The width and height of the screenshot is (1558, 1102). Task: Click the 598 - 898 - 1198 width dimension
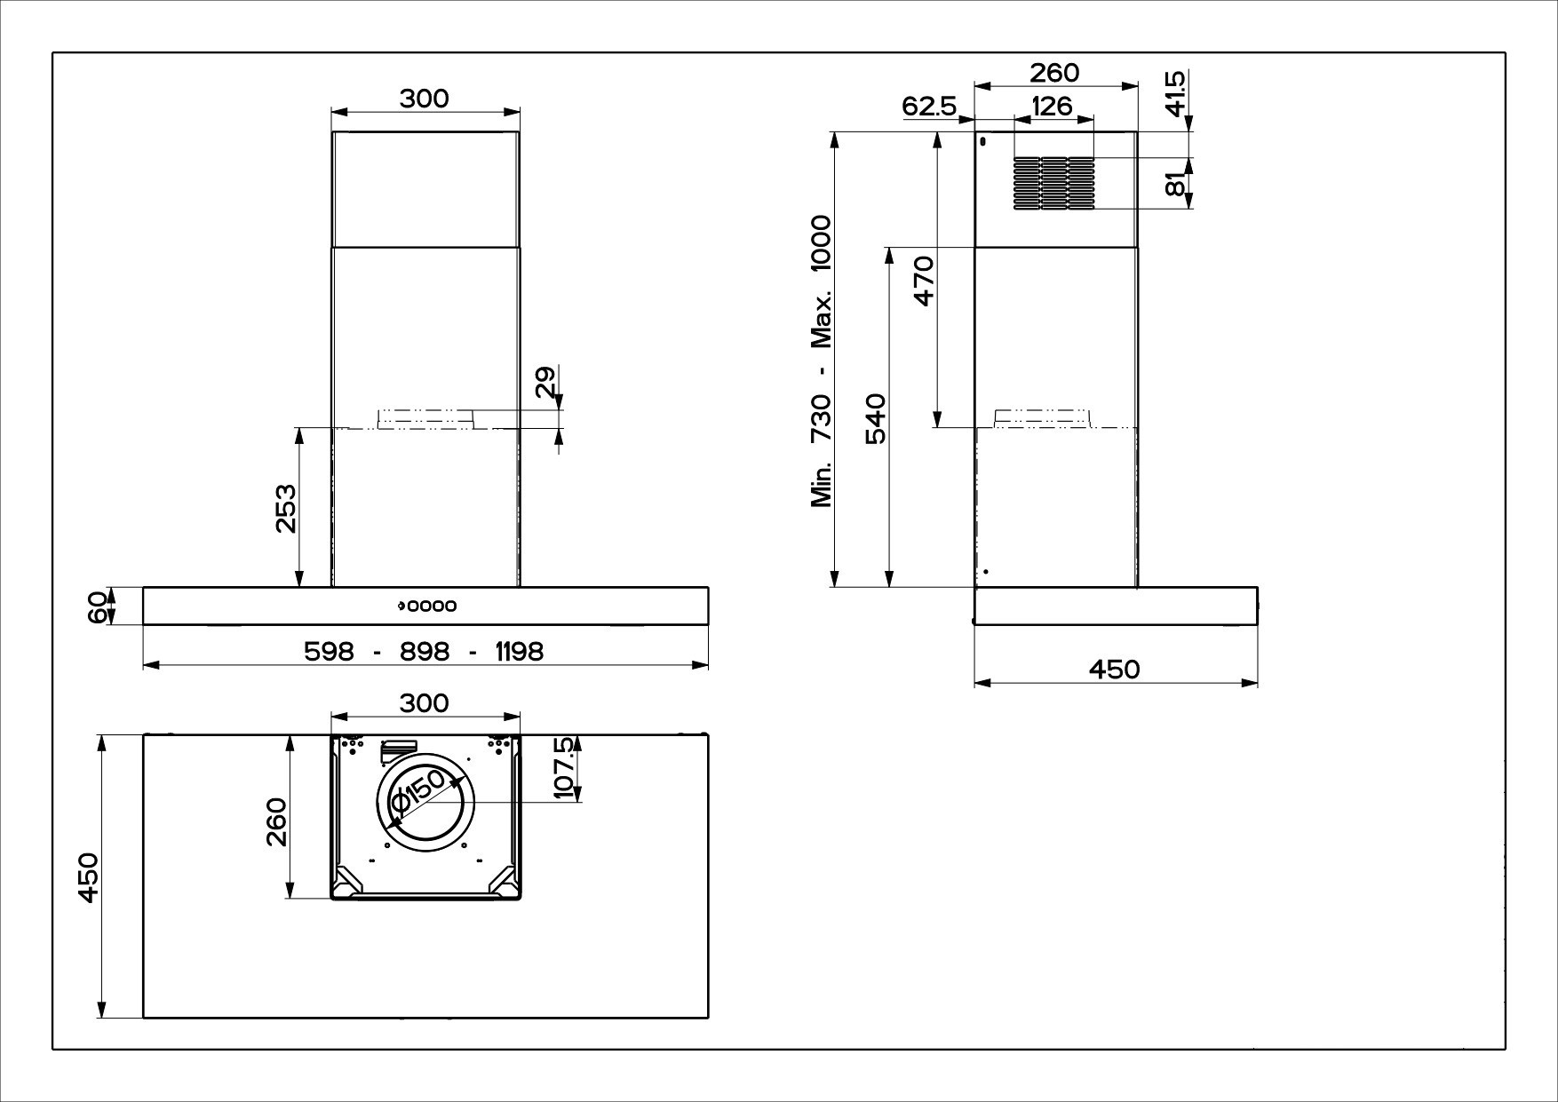[x=424, y=652]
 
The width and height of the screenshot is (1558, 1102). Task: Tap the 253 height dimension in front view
[x=286, y=508]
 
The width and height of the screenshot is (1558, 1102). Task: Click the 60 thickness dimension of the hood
[x=99, y=606]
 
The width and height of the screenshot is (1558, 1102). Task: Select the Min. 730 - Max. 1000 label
[x=821, y=361]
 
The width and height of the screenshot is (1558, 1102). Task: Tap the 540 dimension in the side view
[x=875, y=419]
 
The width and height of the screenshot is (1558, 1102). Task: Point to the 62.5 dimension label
[x=928, y=107]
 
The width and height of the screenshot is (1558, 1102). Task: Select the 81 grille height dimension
[x=1174, y=184]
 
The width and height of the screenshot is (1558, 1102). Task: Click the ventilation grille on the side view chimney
[x=1053, y=184]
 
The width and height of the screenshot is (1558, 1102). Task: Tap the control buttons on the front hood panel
[x=427, y=606]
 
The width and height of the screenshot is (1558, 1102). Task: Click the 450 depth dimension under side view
[x=1114, y=669]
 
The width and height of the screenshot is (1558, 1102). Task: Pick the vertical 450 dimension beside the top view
[x=87, y=876]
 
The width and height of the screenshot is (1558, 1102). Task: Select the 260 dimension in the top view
[x=276, y=821]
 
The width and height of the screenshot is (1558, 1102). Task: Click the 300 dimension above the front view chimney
[x=424, y=99]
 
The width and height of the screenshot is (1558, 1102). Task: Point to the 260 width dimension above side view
[x=1054, y=73]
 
